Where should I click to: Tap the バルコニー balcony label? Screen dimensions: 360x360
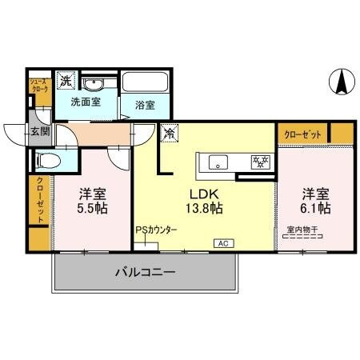(x=145, y=273)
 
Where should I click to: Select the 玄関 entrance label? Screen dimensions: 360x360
(x=39, y=132)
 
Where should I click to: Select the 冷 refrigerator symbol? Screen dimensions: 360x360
(x=169, y=134)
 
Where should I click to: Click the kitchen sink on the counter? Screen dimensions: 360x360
(x=218, y=162)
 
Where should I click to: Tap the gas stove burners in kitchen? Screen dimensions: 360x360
(x=259, y=161)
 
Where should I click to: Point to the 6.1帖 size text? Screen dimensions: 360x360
(x=315, y=208)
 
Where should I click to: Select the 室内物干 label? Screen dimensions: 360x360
(x=302, y=230)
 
